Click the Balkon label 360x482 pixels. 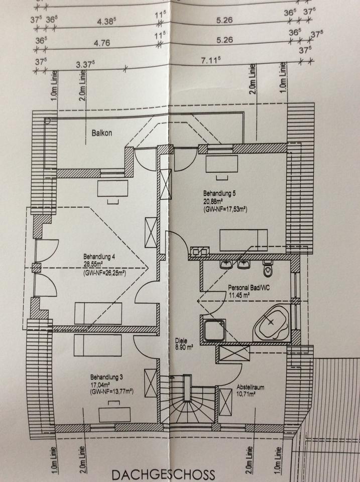tap(101, 134)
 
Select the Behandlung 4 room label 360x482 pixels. tap(99, 257)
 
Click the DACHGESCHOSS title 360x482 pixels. tap(164, 474)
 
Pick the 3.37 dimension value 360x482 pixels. tap(85, 65)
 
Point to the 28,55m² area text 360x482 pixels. tap(95, 265)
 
